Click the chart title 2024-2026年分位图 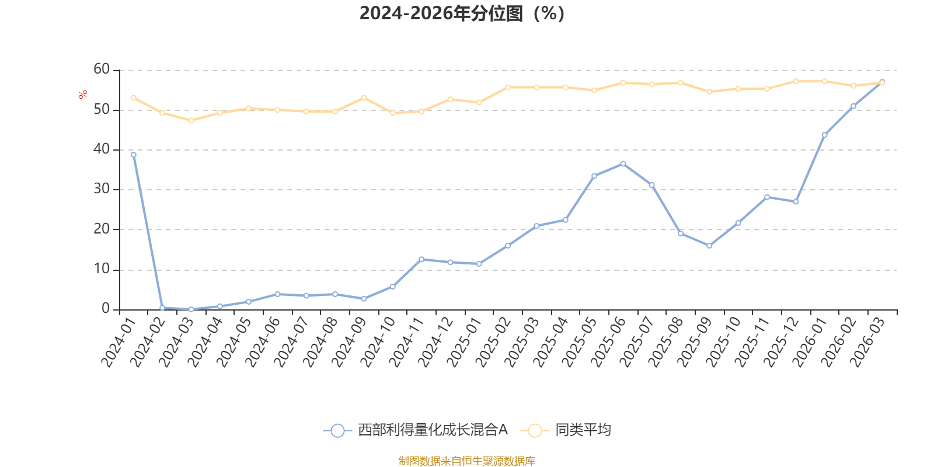point(462,13)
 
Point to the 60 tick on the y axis point(102,69)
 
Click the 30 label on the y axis point(102,189)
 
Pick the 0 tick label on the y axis point(106,309)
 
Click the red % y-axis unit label point(82,94)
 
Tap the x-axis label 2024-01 point(119,342)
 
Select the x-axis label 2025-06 point(608,342)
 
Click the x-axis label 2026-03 point(867,342)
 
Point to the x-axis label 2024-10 point(377,342)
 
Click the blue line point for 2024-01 point(134,155)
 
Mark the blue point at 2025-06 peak point(623,164)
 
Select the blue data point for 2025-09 point(709,246)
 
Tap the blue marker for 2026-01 point(824,135)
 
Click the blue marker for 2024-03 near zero point(191,309)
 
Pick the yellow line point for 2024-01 point(134,98)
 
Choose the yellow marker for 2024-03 point(191,120)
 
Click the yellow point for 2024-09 point(364,98)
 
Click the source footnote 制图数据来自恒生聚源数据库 point(466,461)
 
